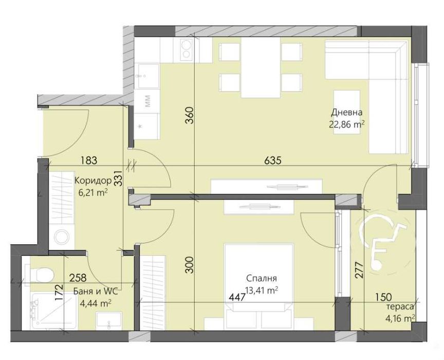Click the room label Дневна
click(x=347, y=113)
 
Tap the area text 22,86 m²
click(x=347, y=123)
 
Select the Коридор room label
click(x=92, y=181)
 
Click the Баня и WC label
click(x=96, y=292)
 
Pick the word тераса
click(x=401, y=307)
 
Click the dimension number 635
click(x=272, y=160)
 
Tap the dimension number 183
click(x=88, y=160)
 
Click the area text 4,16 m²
click(x=403, y=318)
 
